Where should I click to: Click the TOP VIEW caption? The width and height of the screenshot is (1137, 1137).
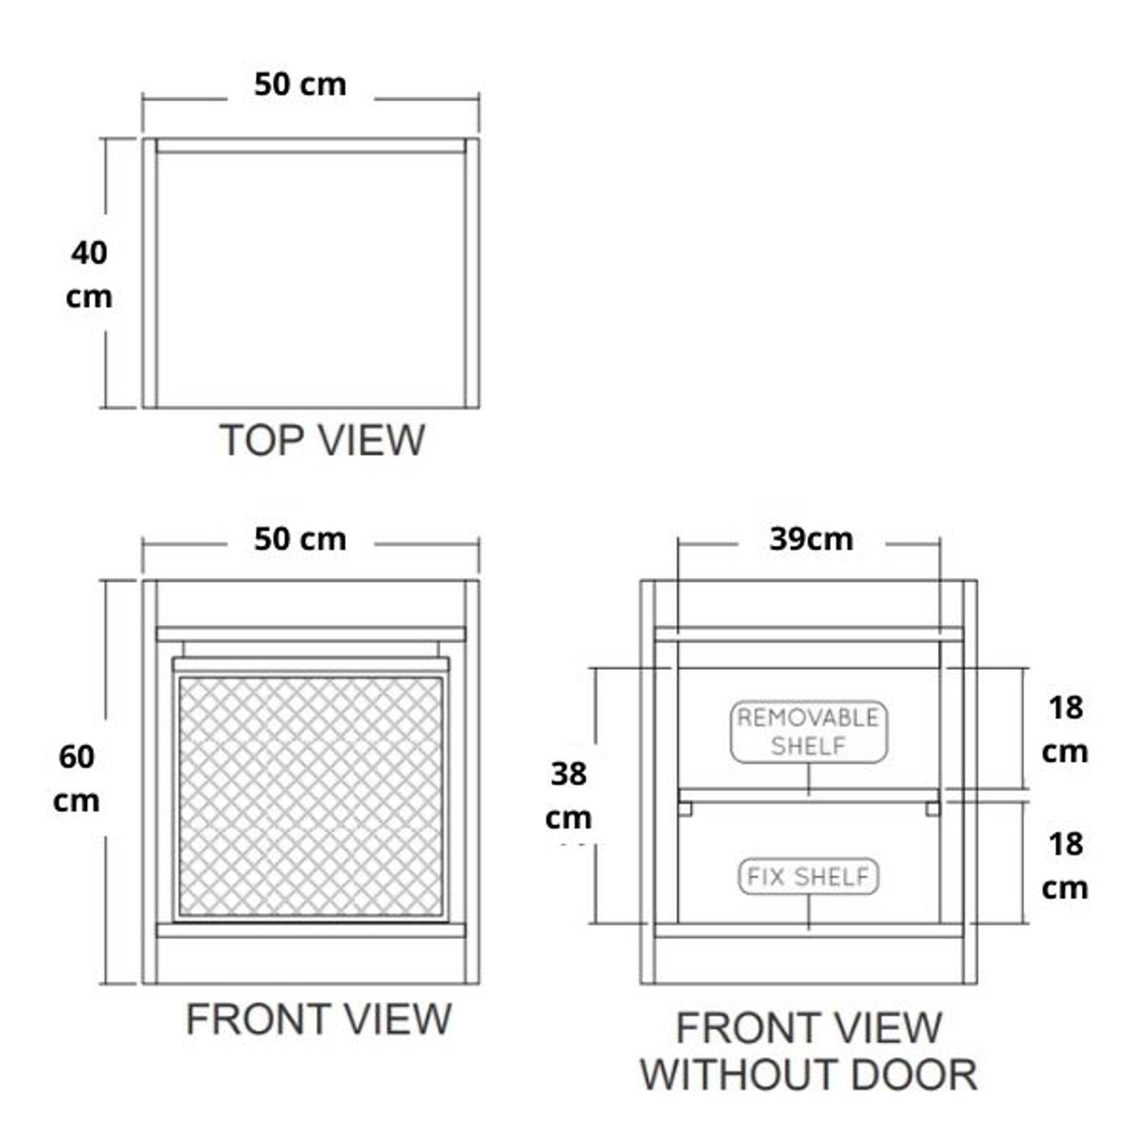[x=322, y=440]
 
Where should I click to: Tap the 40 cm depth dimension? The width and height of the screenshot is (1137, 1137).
[x=89, y=275]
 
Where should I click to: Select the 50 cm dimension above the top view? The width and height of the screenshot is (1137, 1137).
[x=300, y=84]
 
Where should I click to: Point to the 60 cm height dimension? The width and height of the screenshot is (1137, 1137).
[x=76, y=778]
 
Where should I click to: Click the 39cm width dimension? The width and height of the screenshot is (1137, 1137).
[x=811, y=539]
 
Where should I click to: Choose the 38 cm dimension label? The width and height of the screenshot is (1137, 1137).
[x=568, y=795]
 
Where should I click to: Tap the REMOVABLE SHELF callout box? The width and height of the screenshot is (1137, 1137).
[x=808, y=732]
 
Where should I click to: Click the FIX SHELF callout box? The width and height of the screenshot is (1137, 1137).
[x=808, y=876]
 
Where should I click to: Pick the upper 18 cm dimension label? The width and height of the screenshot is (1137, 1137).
[x=1065, y=729]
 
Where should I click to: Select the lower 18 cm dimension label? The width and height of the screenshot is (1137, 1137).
[x=1065, y=866]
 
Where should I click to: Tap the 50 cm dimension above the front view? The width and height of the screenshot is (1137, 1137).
[x=300, y=539]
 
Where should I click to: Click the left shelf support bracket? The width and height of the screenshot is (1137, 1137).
[x=685, y=809]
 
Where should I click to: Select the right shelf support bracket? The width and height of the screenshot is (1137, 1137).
[x=933, y=809]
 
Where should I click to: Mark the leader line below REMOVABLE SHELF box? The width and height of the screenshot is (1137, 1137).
[x=808, y=779]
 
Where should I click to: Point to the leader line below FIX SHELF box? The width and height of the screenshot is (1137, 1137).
[x=808, y=911]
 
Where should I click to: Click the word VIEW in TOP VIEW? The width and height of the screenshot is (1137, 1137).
[x=372, y=440]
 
